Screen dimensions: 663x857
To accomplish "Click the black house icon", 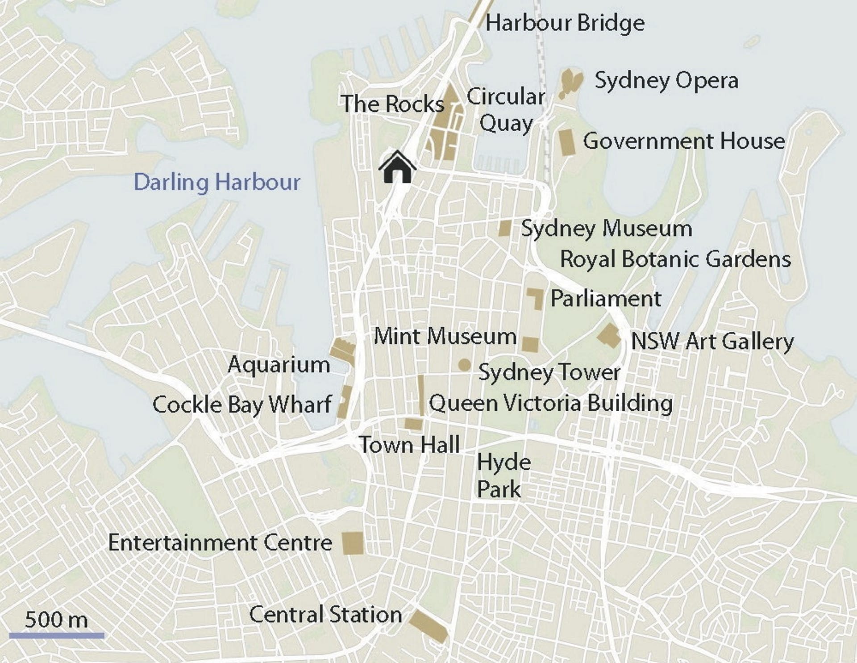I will point(397,168).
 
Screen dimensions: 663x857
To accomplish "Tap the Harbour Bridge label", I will point(565,23).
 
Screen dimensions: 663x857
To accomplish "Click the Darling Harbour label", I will point(217,182).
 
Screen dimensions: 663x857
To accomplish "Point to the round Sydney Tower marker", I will point(464,365).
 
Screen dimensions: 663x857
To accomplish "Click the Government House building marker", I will point(567,142).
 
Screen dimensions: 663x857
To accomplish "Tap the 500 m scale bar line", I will point(57,635).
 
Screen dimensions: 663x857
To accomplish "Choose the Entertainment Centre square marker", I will point(353,543).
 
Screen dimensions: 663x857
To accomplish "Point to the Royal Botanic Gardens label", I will point(675,259).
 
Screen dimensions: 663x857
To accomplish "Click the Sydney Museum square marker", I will point(505,228).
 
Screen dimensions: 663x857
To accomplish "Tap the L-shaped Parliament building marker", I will point(537,298).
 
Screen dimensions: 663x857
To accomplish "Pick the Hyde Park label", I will point(503,475).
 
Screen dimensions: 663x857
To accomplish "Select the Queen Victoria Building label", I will point(550,403).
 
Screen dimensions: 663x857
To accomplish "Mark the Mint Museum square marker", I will point(530,345).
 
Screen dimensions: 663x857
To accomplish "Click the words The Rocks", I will point(392,104).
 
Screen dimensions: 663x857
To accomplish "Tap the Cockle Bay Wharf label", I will point(242,405).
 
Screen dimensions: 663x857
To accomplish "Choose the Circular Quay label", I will point(506,110).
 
